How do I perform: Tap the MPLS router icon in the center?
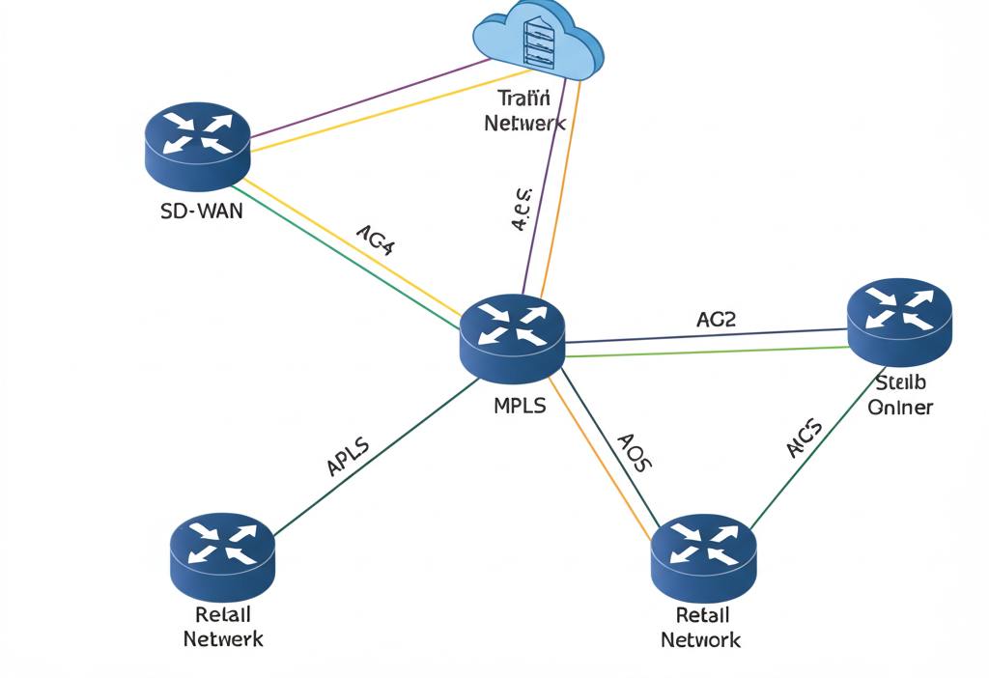[511, 336]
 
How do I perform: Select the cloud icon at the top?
[537, 43]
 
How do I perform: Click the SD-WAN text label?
[202, 211]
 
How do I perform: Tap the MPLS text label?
[520, 406]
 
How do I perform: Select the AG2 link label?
[716, 319]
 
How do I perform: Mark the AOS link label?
[635, 450]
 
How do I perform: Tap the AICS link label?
[804, 439]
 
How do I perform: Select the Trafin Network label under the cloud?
[524, 110]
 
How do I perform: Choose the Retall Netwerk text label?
[222, 627]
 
